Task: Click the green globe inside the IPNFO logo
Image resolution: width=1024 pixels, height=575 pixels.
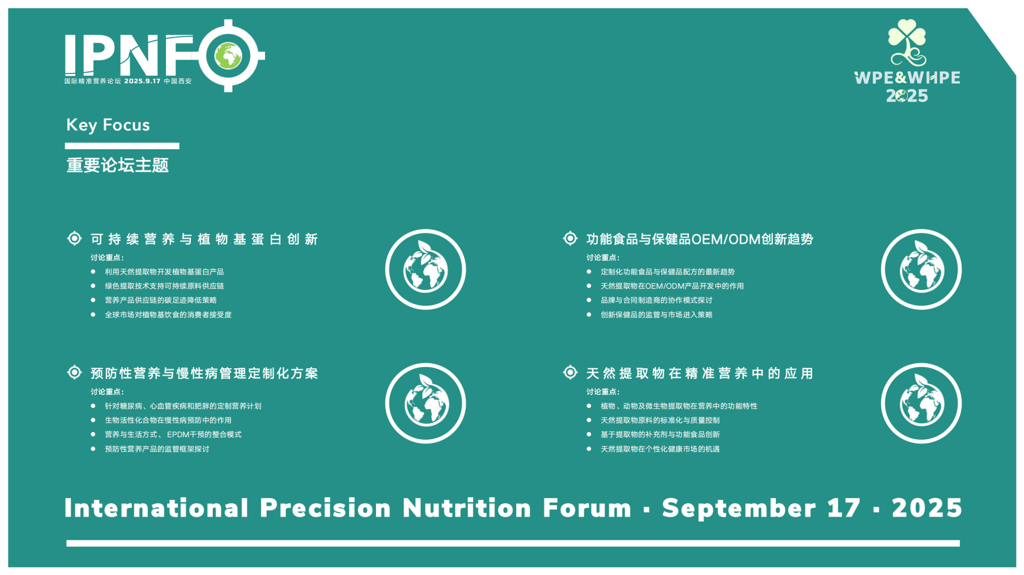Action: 228,55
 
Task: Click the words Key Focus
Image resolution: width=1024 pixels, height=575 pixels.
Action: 108,125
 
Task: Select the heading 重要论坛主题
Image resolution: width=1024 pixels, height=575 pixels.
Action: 117,165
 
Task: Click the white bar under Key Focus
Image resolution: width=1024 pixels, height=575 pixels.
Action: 122,146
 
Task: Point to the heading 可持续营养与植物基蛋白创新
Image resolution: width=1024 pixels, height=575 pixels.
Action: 204,239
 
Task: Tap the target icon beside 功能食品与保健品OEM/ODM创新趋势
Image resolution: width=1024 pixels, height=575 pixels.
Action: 570,238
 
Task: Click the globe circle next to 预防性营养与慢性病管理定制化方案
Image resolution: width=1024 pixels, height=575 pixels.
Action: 426,403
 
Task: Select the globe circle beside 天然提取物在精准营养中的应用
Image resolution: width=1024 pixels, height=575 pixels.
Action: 921,403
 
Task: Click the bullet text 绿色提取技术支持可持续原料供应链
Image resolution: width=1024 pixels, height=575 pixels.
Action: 164,286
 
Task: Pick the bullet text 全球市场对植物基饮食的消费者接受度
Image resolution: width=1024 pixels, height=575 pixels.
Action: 168,315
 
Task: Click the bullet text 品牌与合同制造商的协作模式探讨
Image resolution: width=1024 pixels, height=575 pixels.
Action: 657,301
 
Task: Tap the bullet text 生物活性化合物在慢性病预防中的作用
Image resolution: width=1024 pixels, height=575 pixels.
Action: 168,420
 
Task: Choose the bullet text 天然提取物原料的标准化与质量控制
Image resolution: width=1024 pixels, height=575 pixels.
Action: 660,420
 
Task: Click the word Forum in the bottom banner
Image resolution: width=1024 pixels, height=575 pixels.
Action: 587,508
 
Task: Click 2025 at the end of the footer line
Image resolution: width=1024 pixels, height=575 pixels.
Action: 927,508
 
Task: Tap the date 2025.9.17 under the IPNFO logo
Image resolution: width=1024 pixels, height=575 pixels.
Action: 142,81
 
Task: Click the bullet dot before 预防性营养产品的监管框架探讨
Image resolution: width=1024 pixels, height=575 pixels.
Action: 93,449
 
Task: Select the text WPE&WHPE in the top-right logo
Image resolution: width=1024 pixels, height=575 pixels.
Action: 907,78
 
